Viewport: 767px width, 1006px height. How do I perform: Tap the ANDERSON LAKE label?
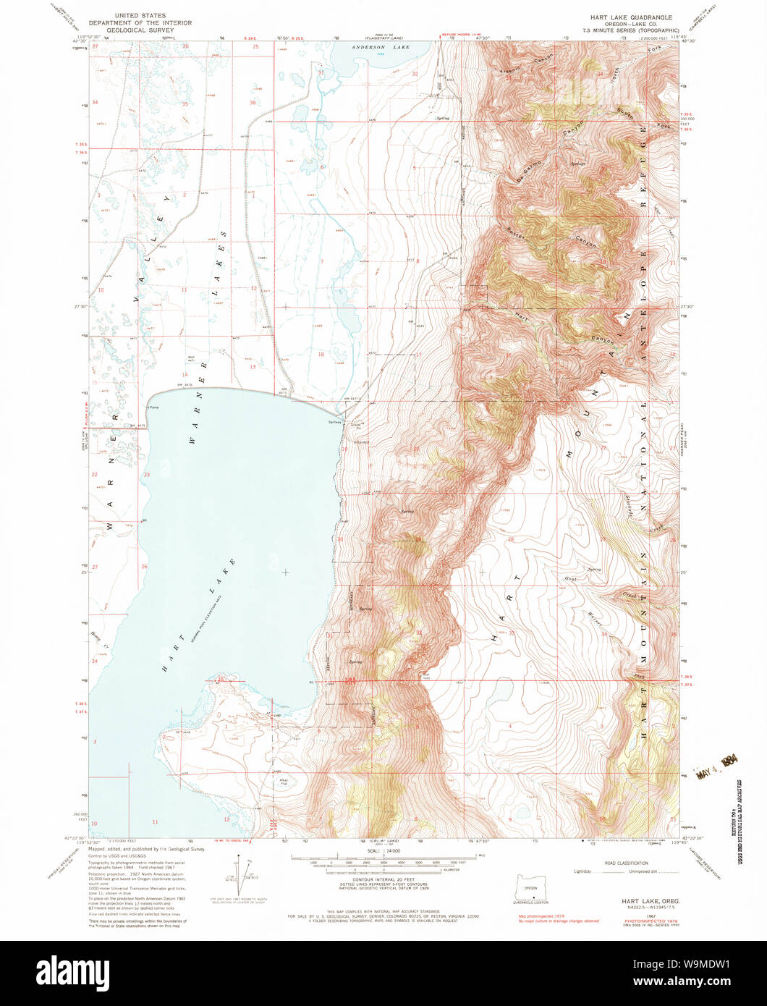(x=381, y=47)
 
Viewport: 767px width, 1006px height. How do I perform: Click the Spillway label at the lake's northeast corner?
(x=335, y=423)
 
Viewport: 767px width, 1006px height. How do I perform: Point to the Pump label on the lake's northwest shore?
(x=153, y=408)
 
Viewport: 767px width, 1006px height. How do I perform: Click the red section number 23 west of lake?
(x=146, y=475)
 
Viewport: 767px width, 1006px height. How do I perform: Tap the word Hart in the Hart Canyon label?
(x=519, y=315)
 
